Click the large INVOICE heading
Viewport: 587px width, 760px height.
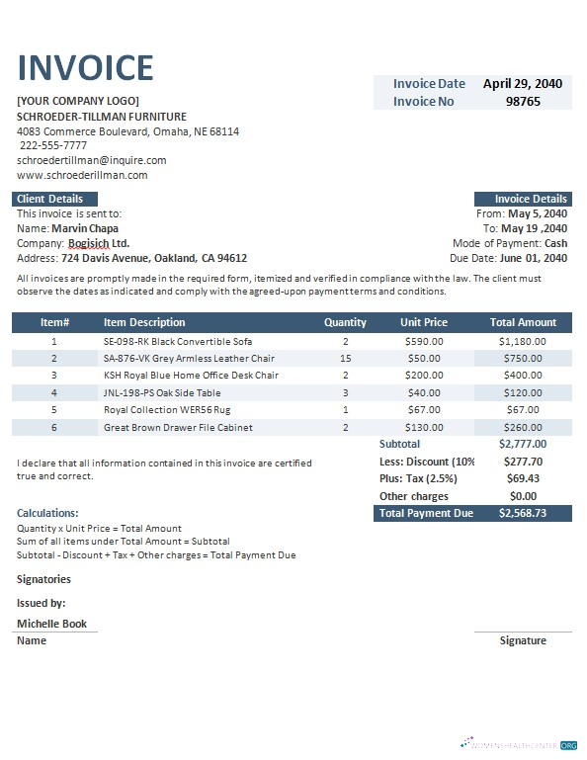(x=86, y=67)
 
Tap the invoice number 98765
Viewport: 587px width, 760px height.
(x=523, y=101)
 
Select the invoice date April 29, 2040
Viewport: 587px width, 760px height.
(x=523, y=84)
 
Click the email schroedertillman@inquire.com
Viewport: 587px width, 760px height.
(x=92, y=160)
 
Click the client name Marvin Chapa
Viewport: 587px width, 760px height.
(x=85, y=228)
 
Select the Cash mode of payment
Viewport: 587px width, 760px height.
(x=555, y=243)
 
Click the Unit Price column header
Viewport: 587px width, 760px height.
(x=424, y=322)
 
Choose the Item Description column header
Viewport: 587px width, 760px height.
(x=144, y=322)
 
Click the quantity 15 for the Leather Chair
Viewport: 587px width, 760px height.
(x=345, y=358)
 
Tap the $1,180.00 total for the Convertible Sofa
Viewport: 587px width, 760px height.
(x=523, y=341)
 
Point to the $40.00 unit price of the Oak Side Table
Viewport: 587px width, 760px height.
(x=424, y=392)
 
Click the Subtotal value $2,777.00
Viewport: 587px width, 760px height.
(x=523, y=444)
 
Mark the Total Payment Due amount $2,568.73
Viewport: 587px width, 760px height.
(x=523, y=513)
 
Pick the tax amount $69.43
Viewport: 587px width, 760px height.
(x=523, y=478)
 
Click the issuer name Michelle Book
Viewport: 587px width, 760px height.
(x=51, y=624)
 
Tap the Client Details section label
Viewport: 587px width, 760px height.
(x=49, y=199)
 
